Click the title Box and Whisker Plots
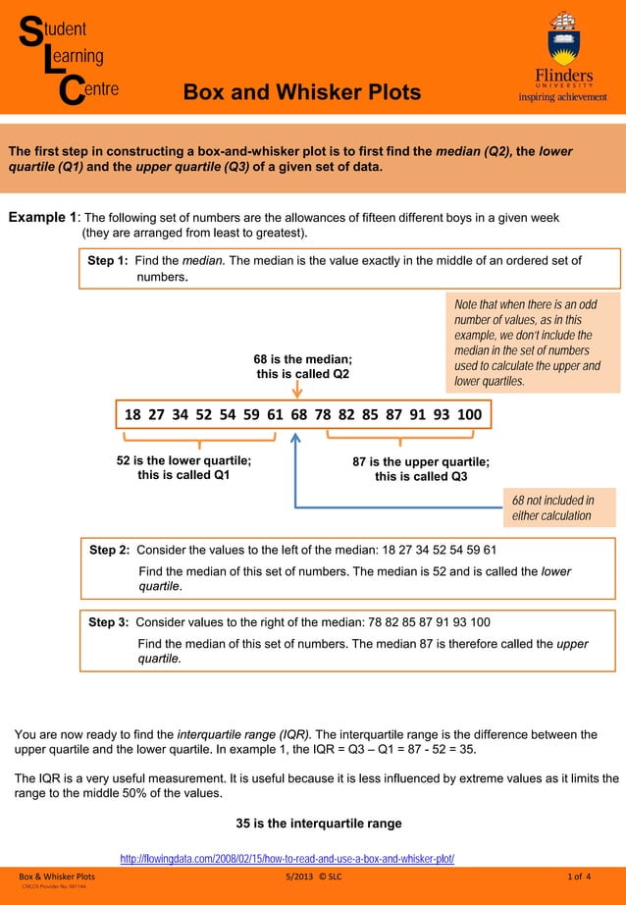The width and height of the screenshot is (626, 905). pos(302,92)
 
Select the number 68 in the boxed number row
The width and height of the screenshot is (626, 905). pos(299,414)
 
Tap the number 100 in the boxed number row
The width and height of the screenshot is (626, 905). pos(469,414)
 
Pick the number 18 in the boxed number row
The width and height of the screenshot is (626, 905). pos(132,414)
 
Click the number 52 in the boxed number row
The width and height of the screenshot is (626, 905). pos(204,414)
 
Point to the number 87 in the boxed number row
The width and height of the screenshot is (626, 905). pos(393,414)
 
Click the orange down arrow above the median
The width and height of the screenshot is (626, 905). pos(297,391)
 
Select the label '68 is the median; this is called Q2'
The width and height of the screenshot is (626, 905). pos(302,366)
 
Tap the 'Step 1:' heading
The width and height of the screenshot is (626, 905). pos(108,261)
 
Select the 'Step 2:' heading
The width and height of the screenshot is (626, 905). pos(109,550)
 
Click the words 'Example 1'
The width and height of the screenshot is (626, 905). pos(42,217)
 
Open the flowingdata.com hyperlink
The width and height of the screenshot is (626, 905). pos(287,858)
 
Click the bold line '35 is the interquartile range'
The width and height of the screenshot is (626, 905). pos(319,824)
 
